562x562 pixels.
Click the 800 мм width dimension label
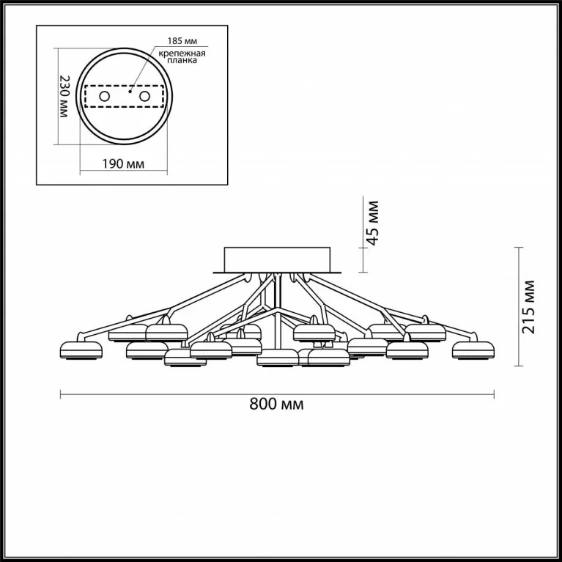click(276, 404)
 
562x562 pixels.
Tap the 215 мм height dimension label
click(528, 307)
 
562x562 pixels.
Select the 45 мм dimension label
click(373, 223)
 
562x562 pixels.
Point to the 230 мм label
click(64, 96)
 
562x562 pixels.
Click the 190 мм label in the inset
click(123, 164)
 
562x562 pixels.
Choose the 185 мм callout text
click(182, 41)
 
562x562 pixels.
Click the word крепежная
click(182, 53)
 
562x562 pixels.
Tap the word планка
click(182, 60)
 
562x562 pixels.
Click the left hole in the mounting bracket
click(104, 97)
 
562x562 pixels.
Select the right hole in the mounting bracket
click(144, 97)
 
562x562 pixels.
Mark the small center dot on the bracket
click(130, 92)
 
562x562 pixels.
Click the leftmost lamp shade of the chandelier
click(81, 350)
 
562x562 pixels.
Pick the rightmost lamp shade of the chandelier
click(473, 350)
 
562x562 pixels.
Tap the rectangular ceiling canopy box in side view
click(277, 259)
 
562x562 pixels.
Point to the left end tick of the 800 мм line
click(61, 394)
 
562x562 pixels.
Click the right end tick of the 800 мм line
click(495, 394)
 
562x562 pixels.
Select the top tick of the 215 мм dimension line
click(518, 248)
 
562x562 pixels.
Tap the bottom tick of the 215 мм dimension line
click(518, 366)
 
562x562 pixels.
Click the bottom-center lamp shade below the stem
click(278, 358)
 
